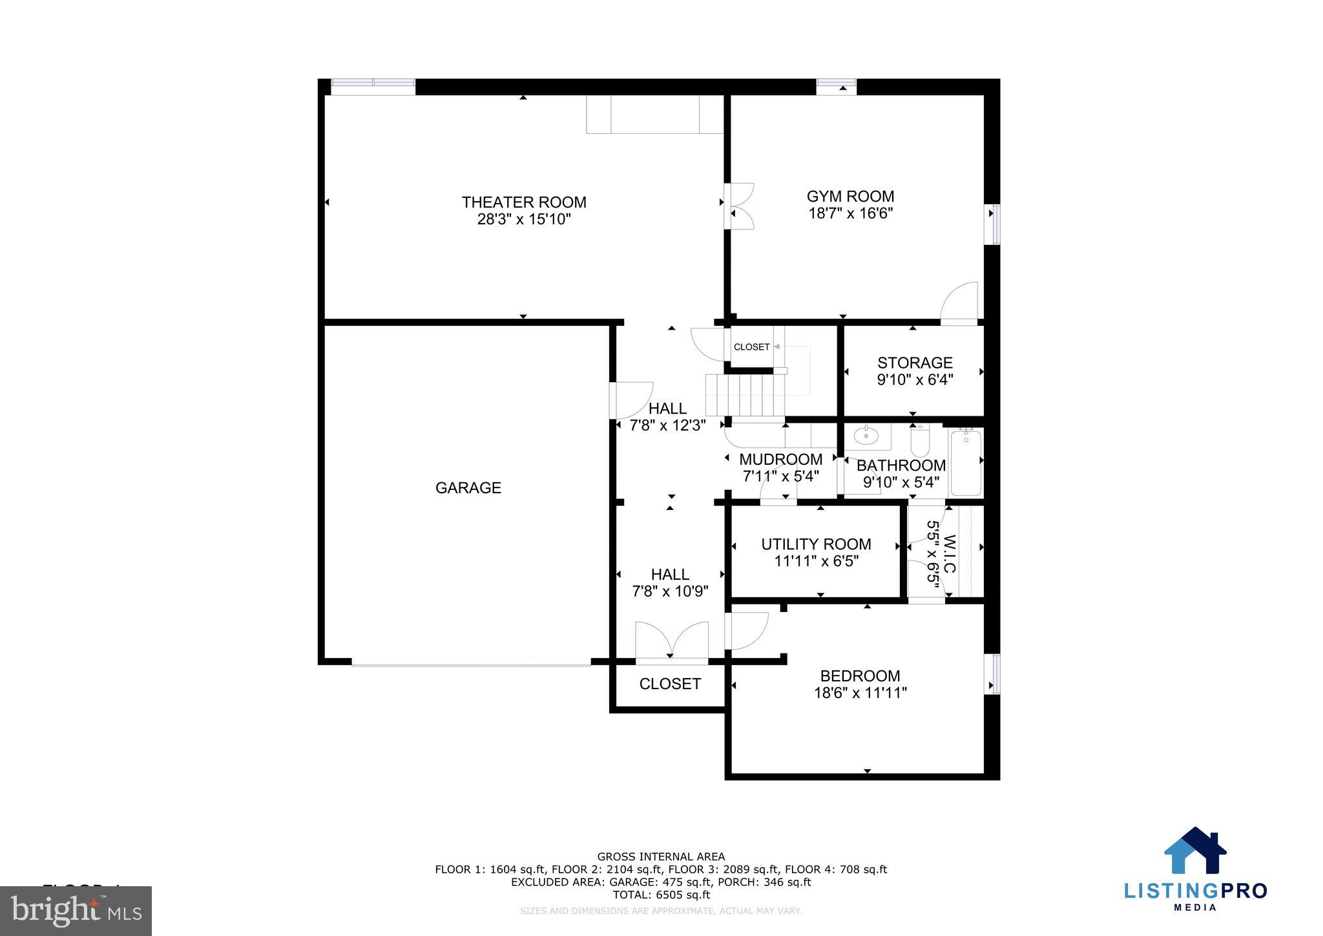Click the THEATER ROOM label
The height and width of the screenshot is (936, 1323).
pos(524,202)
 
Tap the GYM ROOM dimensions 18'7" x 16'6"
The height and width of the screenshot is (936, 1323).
pos(850,213)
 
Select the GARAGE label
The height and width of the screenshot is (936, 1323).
pos(468,488)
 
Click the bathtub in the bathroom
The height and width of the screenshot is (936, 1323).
pos(966,463)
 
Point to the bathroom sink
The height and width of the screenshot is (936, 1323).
pos(866,437)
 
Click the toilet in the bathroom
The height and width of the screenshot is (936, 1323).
pos(919,441)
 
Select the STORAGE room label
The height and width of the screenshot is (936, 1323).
pos(915,363)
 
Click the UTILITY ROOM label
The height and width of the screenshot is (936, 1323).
pos(816,544)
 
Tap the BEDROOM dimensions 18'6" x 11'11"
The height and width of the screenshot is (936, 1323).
pos(860,693)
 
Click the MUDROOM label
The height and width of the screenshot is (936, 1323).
pos(780,460)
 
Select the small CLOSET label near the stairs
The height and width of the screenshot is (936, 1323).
pos(751,347)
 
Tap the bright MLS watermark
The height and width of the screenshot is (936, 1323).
pos(76,911)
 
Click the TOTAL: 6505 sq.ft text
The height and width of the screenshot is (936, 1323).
pos(661,895)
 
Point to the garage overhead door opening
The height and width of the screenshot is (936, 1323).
pos(471,662)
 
